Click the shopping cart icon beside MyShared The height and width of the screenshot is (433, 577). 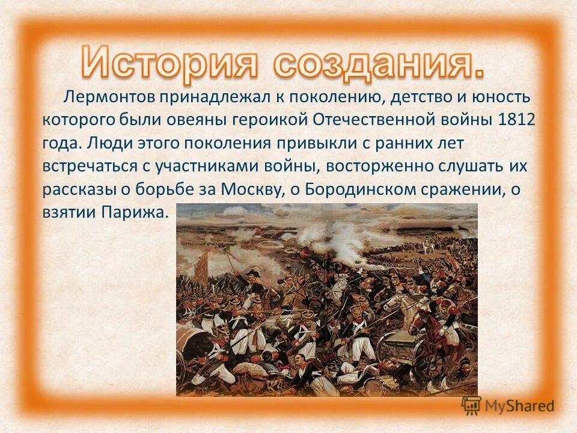(x=471, y=406)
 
